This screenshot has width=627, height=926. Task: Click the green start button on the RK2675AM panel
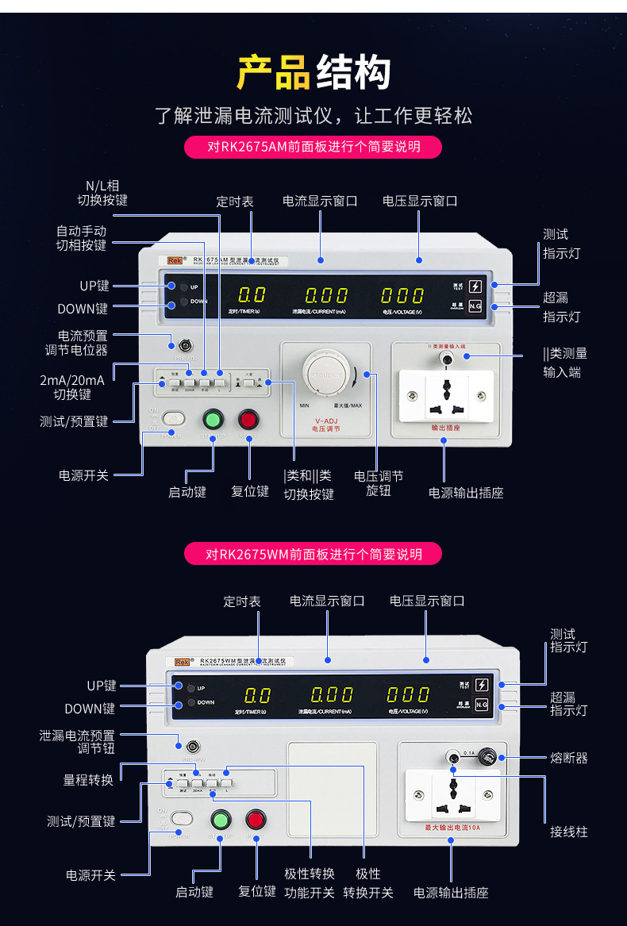pyautogui.click(x=213, y=418)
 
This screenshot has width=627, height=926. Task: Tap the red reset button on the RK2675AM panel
pyautogui.click(x=249, y=418)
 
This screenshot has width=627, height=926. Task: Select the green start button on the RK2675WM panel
pyautogui.click(x=220, y=820)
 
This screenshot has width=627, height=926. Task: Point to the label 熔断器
pyautogui.click(x=569, y=758)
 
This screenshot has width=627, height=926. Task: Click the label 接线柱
pyautogui.click(x=569, y=832)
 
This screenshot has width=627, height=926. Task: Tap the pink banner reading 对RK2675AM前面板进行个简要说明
pyautogui.click(x=313, y=147)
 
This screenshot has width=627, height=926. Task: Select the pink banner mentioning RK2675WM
pyautogui.click(x=313, y=554)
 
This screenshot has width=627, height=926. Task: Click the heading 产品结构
pyautogui.click(x=313, y=73)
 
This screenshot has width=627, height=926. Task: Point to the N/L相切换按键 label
pyautogui.click(x=102, y=193)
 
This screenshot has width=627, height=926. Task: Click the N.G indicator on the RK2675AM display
pyautogui.click(x=475, y=306)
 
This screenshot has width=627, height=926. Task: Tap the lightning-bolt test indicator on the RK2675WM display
pyautogui.click(x=481, y=685)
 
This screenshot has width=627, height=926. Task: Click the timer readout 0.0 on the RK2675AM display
pyautogui.click(x=252, y=295)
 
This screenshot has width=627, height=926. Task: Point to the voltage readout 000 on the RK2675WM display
pyautogui.click(x=408, y=695)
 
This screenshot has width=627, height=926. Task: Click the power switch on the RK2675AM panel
pyautogui.click(x=173, y=417)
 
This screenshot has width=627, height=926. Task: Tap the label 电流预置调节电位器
pyautogui.click(x=76, y=343)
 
